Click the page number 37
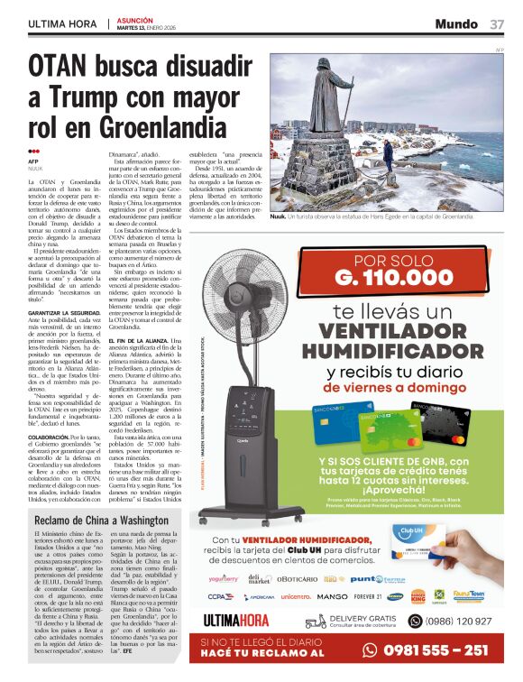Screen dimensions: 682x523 pos(497,23)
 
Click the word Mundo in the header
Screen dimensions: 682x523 pos(456,23)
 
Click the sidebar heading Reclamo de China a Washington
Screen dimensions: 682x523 pos(102,521)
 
